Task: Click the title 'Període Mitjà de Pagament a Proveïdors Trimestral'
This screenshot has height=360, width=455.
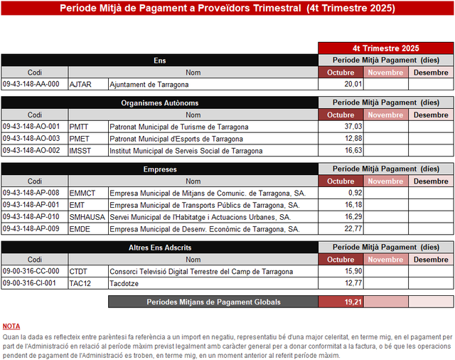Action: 177,8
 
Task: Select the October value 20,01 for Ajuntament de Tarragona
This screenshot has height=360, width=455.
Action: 353,84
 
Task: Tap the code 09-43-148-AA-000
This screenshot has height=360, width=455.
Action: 31,84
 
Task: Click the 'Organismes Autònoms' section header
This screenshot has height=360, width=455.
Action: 160,103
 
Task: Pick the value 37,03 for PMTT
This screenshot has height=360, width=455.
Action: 353,127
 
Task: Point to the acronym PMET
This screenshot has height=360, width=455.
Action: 80,139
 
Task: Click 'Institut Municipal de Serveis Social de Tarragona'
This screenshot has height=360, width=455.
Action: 186,151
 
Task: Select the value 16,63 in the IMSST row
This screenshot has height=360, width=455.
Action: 353,151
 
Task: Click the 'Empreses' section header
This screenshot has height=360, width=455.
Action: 160,169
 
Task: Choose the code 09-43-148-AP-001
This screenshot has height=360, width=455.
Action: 31,205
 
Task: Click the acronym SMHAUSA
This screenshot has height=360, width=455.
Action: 87,217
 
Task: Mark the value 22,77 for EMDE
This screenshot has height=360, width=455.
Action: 353,229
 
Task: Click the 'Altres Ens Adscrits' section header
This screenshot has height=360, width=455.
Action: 160,248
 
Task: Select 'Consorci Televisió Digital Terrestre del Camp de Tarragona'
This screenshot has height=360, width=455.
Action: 201,272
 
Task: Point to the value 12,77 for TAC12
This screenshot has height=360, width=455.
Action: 353,283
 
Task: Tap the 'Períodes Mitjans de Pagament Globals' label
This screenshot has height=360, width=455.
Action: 213,302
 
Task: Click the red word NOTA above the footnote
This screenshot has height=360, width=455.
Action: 11,326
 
